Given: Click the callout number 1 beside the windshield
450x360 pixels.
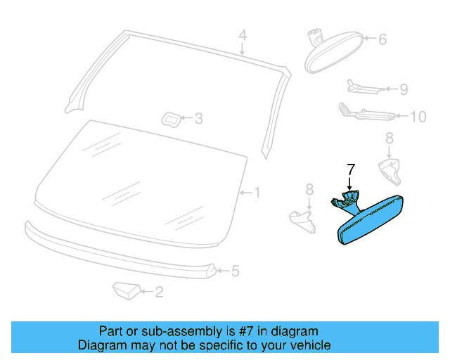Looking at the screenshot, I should [x=257, y=192].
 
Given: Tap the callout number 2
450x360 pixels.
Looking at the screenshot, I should [x=159, y=292].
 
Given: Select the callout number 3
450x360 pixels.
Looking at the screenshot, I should [x=198, y=119].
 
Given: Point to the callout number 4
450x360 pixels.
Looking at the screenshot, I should [x=242, y=35].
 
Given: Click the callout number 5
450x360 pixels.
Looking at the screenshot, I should [x=236, y=271].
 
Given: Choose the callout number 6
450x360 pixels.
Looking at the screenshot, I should [x=382, y=40].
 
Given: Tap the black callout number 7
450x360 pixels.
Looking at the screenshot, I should [x=352, y=169].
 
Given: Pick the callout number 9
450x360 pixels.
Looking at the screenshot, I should [x=404, y=89].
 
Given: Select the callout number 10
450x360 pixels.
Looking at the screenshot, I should [x=418, y=117].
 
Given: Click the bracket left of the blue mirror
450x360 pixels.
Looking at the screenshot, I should [x=303, y=220].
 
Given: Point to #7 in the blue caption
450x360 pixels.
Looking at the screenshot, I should [x=241, y=331].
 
